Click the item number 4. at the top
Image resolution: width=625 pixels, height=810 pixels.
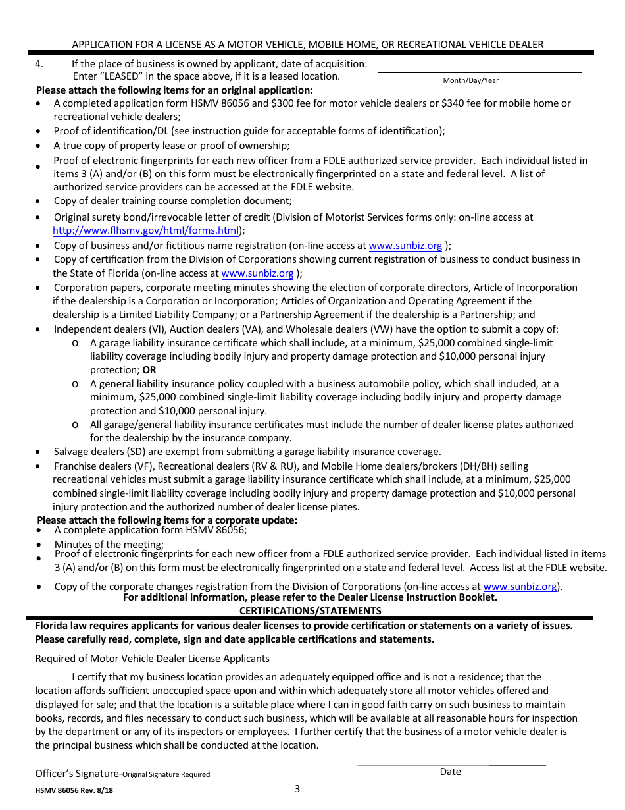point(39,64)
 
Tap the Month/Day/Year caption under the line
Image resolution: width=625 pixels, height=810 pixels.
point(470,80)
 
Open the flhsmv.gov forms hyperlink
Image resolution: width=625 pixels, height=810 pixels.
point(145,230)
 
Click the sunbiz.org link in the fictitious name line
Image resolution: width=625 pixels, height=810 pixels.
point(405,246)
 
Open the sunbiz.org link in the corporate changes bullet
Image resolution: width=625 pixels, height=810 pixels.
point(520,587)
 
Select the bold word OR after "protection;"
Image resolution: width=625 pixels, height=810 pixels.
point(149,370)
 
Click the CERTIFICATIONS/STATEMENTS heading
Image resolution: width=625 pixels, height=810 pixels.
point(310,610)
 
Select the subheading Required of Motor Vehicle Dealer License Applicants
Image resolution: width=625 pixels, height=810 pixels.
point(152,659)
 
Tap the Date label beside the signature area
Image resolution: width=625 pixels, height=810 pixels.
point(450,772)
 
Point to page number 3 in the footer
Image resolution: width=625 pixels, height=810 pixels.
point(297,789)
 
